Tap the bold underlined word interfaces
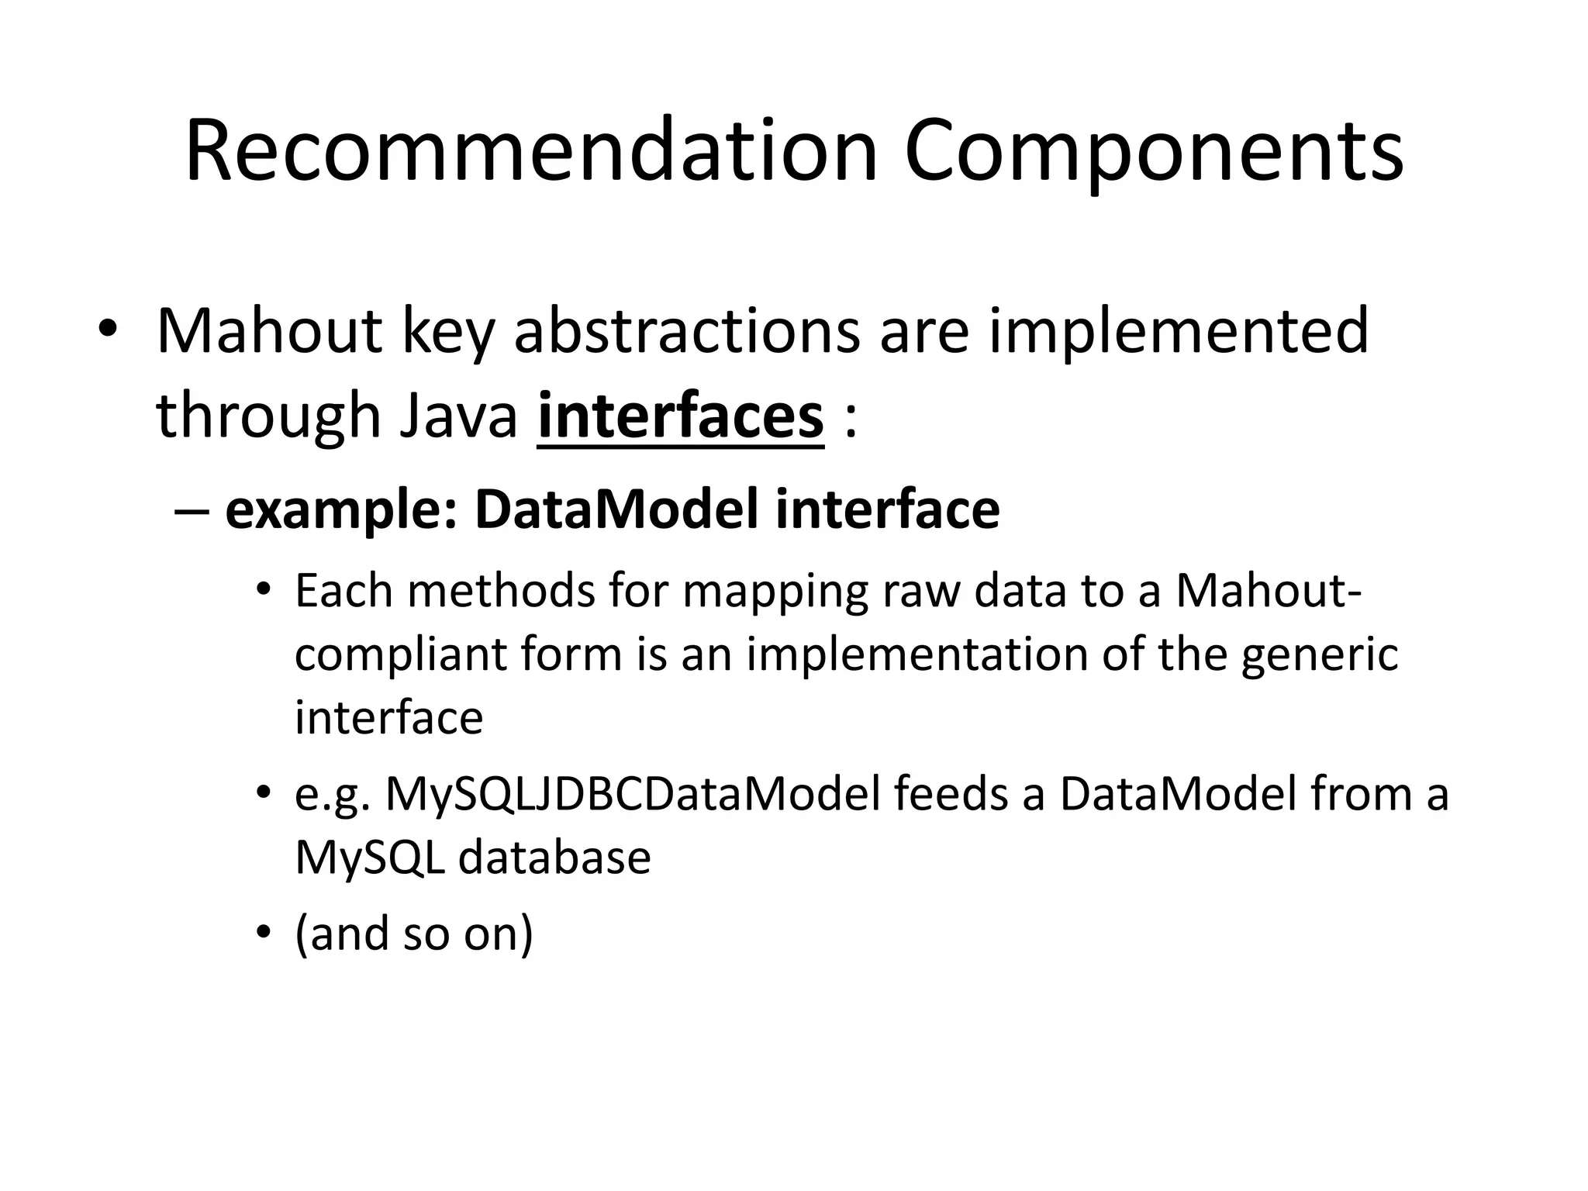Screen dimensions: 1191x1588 pos(680,416)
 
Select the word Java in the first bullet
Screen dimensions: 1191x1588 pos(457,416)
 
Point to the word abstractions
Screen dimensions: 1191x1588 pos(686,331)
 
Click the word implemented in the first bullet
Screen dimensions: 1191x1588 pos(1178,331)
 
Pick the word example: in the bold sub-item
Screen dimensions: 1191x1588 pos(341,509)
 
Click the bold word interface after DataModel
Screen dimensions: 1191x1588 pos(887,509)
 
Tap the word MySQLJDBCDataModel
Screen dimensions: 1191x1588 pos(633,794)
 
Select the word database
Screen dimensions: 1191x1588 pos(554,858)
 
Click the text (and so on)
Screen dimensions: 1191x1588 pos(414,934)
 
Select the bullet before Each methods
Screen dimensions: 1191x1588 pos(264,592)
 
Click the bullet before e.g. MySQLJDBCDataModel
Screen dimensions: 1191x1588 pos(264,794)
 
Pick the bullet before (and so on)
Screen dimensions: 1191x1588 pos(264,934)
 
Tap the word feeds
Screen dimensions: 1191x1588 pos(951,794)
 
